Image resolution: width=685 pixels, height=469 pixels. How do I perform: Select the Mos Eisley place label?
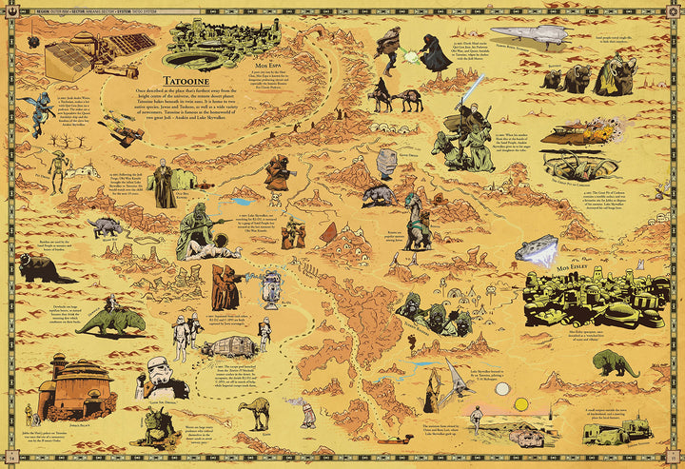pyautogui.click(x=571, y=258)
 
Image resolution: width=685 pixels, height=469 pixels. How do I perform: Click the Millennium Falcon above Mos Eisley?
pyautogui.click(x=536, y=249)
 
